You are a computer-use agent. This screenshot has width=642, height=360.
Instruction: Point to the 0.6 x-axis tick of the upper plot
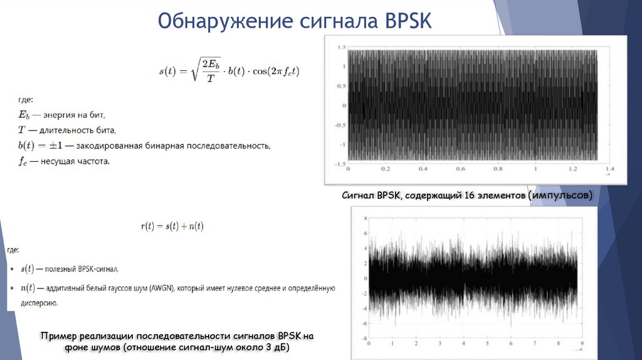[460, 169]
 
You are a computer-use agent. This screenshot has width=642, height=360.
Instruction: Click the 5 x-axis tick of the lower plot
[487, 344]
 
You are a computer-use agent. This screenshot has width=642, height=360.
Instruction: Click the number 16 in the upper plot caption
[469, 196]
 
